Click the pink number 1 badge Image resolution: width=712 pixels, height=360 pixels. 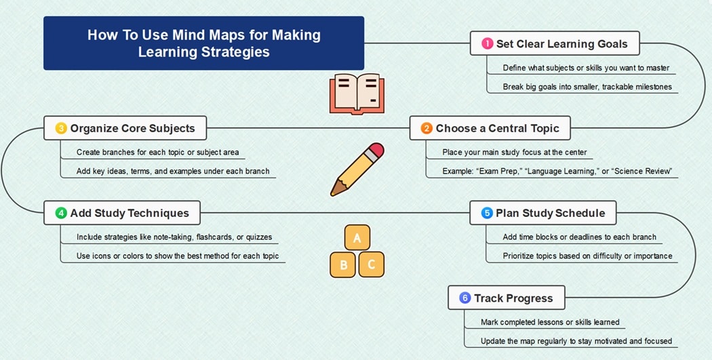tap(488, 44)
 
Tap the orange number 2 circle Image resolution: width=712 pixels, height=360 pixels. tap(427, 128)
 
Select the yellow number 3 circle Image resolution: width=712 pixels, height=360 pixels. tap(61, 128)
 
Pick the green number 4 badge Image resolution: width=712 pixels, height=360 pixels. tap(61, 213)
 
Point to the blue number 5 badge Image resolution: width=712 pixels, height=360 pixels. tap(487, 213)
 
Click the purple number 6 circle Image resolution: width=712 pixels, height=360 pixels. tap(464, 298)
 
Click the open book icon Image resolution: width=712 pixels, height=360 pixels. tap(354, 94)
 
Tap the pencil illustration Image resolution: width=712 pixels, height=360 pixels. tap(357, 169)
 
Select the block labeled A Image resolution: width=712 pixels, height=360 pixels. tap(357, 238)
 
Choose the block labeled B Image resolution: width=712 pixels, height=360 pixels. tap(343, 264)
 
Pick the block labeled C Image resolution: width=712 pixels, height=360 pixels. tap(371, 264)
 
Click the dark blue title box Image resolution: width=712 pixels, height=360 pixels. tap(203, 43)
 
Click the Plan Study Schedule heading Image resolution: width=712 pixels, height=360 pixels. tap(550, 213)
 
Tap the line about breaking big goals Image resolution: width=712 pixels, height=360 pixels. tap(587, 87)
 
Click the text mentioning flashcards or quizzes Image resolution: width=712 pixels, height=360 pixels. tap(174, 237)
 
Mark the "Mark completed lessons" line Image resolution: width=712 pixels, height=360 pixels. tap(550, 322)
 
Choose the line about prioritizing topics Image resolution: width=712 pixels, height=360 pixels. tap(587, 256)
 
